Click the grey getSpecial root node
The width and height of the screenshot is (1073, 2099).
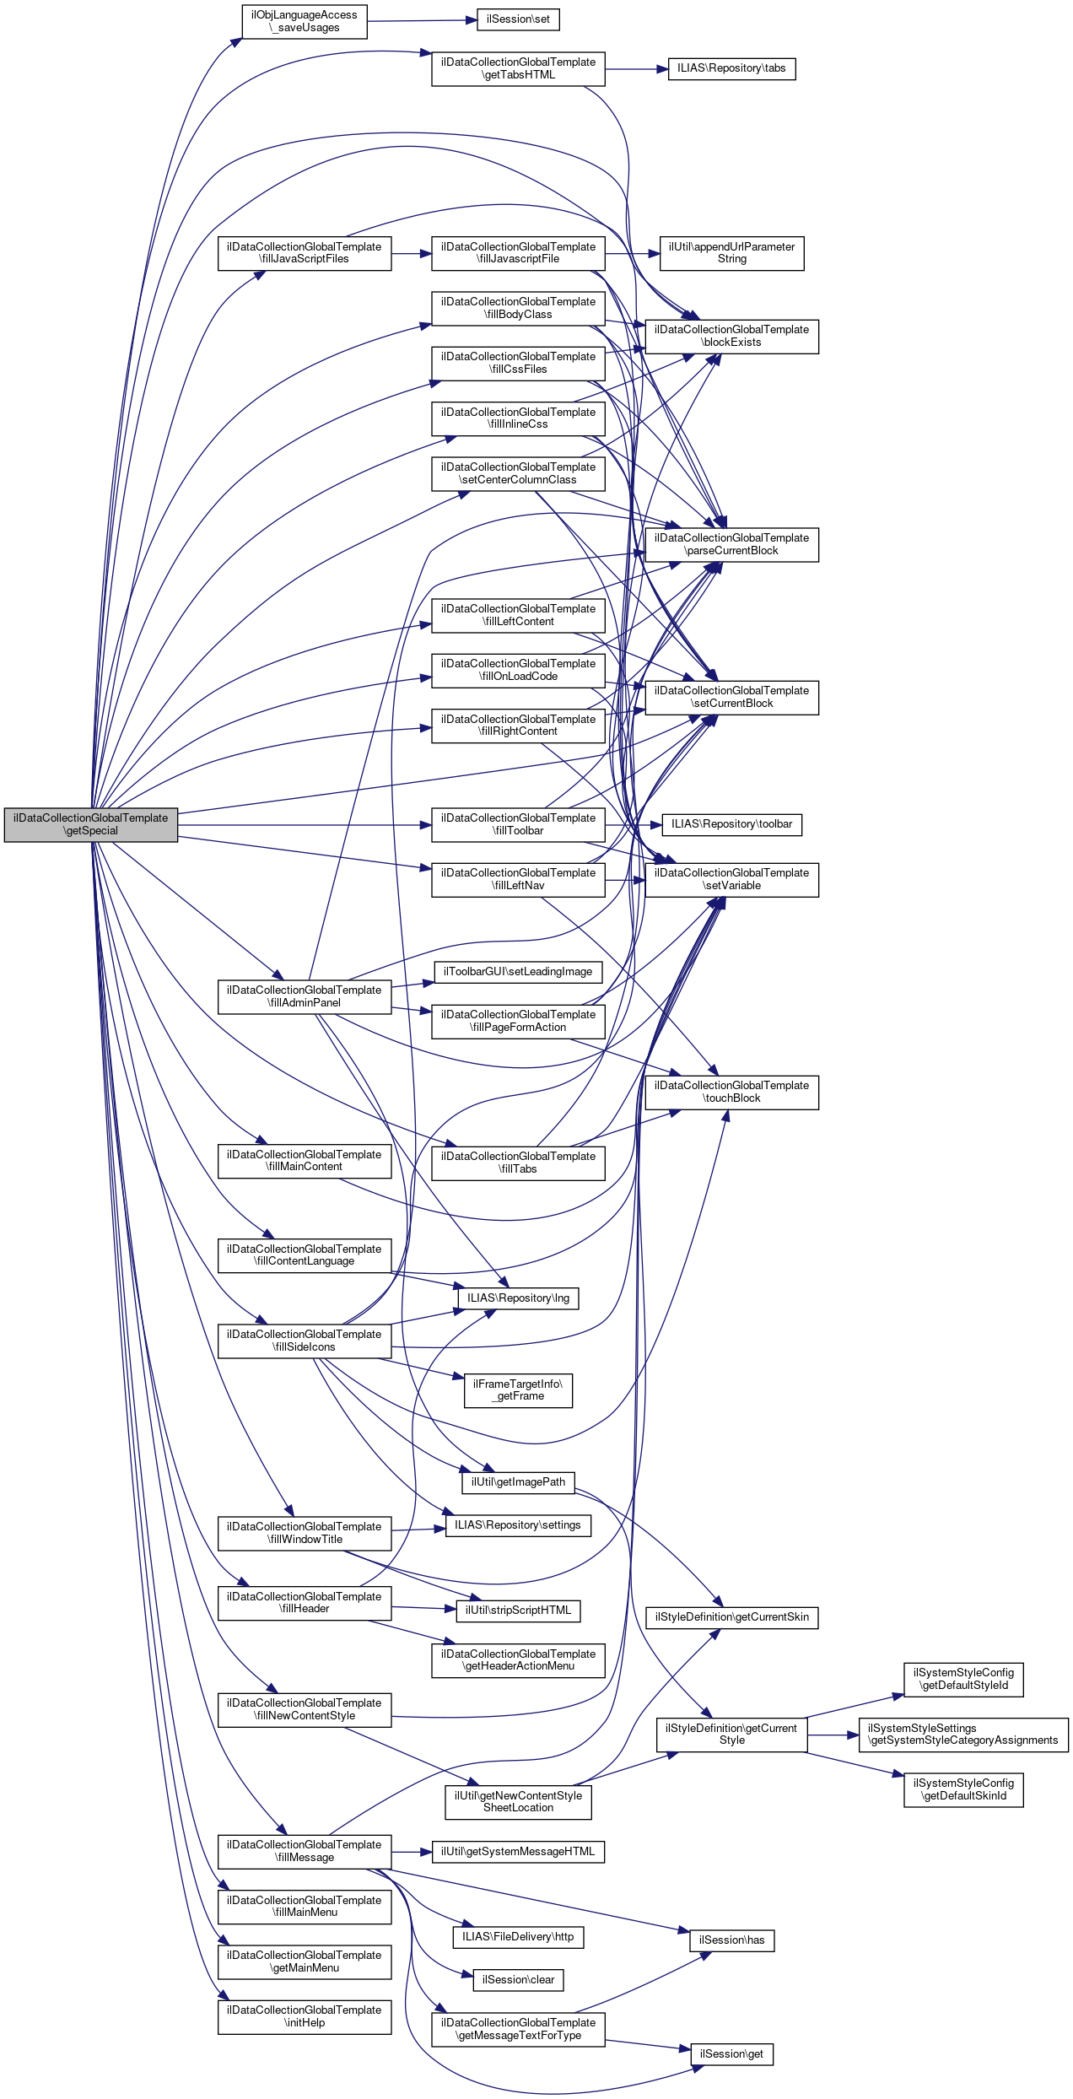[x=91, y=824]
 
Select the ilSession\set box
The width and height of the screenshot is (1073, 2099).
[x=518, y=19]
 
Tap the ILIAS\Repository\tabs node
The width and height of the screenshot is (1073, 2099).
[x=731, y=68]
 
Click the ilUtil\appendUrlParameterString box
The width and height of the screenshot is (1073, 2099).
[x=731, y=253]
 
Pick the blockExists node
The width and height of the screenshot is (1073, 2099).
[x=731, y=336]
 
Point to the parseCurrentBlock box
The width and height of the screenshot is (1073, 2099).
[x=731, y=544]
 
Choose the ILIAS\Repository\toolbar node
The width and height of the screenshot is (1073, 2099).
[x=731, y=824]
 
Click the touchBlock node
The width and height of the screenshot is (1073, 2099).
[x=731, y=1092]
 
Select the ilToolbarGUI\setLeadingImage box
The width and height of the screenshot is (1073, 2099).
[x=518, y=972]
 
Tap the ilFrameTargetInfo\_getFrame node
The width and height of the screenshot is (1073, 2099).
[x=518, y=1390]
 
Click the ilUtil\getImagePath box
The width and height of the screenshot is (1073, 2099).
[x=518, y=1482]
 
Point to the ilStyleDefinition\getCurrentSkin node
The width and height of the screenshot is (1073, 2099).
[x=731, y=1617]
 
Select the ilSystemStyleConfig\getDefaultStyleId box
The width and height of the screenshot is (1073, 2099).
[x=963, y=1679]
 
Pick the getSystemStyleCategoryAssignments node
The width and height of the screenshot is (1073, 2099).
[x=963, y=1735]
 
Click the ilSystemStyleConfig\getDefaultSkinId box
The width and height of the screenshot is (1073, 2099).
[x=963, y=1789]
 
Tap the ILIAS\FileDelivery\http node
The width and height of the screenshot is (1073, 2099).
[x=518, y=1937]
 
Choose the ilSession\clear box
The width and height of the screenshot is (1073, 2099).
[x=518, y=1980]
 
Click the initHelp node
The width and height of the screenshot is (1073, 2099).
[x=305, y=2016]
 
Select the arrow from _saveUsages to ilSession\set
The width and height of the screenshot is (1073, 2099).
[x=422, y=21]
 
